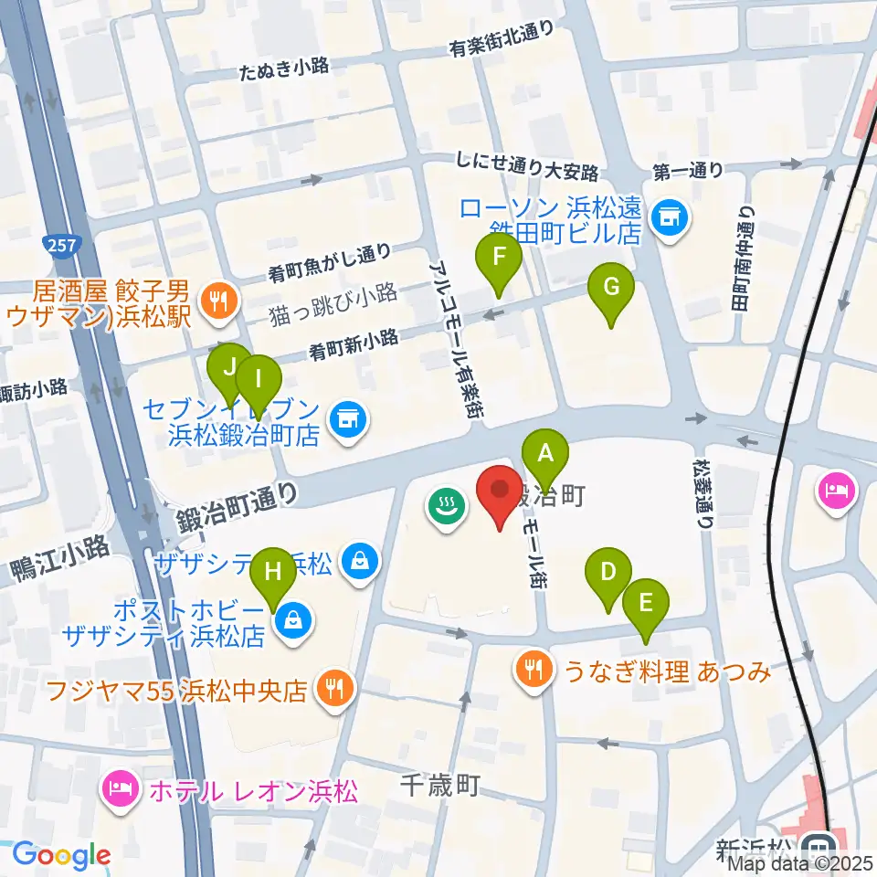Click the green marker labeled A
[x=545, y=454]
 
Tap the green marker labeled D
[x=609, y=573]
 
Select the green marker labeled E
[x=646, y=604]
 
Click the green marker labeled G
[x=613, y=288]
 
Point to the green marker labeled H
[x=272, y=573]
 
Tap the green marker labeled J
[x=228, y=368]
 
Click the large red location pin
[x=501, y=494]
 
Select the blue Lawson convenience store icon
[x=671, y=217]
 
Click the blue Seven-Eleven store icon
[x=346, y=419]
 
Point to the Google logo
[x=61, y=855]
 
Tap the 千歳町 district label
[x=440, y=784]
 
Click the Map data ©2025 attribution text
[x=795, y=864]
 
